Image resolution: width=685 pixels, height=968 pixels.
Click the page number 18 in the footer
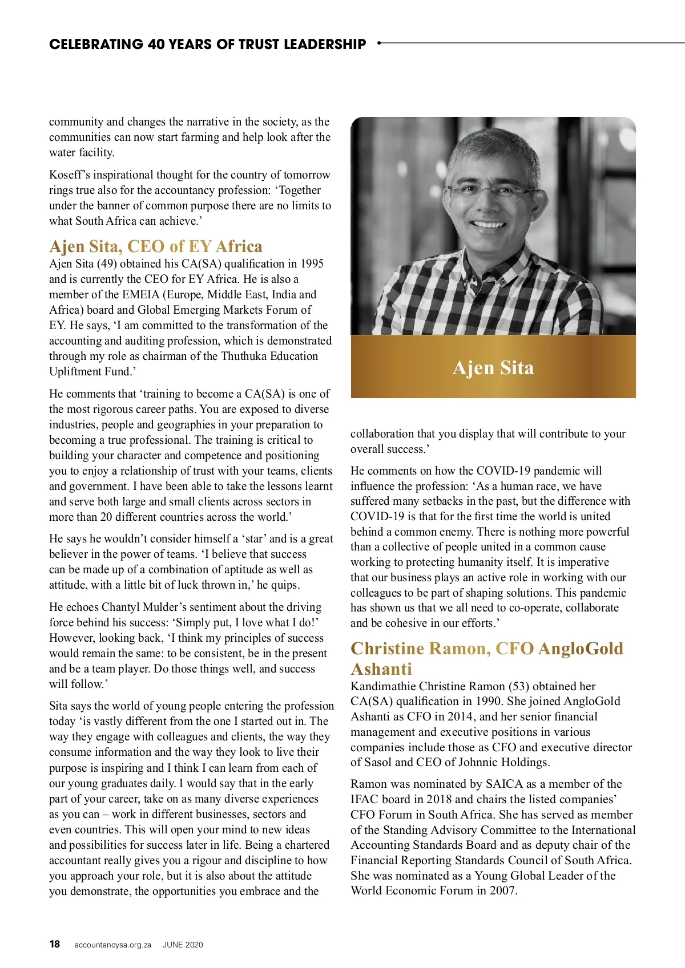(x=54, y=944)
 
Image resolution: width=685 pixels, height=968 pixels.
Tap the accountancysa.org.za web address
(x=113, y=945)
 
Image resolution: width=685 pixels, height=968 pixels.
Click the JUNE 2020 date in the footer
(x=183, y=945)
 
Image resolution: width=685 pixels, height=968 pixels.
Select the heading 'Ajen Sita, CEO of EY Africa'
(x=156, y=246)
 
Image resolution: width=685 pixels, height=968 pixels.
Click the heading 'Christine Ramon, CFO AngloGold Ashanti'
(x=486, y=658)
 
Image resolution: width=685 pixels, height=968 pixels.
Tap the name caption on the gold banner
(x=493, y=368)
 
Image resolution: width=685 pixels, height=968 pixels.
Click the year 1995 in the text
(x=311, y=264)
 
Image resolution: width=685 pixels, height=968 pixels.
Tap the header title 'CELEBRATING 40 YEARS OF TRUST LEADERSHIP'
(x=208, y=44)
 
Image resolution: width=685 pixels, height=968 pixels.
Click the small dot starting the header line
(x=380, y=43)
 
